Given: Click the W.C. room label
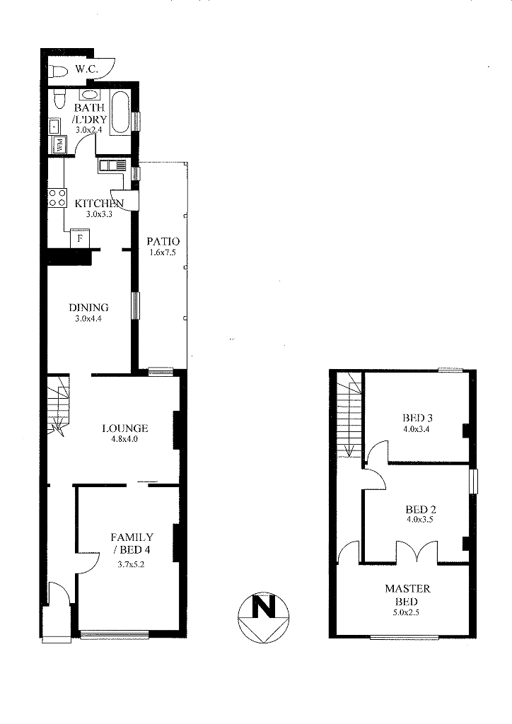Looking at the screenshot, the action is (x=86, y=70).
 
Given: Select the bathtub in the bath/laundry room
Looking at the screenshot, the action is (x=120, y=112).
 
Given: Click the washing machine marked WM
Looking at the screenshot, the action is (x=60, y=145).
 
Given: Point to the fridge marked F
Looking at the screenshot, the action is (x=80, y=239).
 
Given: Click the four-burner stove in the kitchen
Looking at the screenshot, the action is (x=57, y=198).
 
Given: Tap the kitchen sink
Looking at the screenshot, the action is (x=112, y=165).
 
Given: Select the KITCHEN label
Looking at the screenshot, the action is (x=99, y=203).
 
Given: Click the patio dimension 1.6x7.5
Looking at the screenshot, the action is (x=163, y=252).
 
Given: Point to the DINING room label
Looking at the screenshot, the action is (x=88, y=308).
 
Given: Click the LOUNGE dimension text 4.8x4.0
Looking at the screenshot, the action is (x=124, y=439).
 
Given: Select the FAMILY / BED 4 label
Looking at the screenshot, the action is (x=132, y=543).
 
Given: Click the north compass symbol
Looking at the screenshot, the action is (x=263, y=618).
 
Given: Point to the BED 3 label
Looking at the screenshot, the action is (x=417, y=419).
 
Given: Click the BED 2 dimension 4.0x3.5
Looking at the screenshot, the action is (x=419, y=520).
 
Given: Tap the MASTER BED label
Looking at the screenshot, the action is (x=407, y=595).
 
